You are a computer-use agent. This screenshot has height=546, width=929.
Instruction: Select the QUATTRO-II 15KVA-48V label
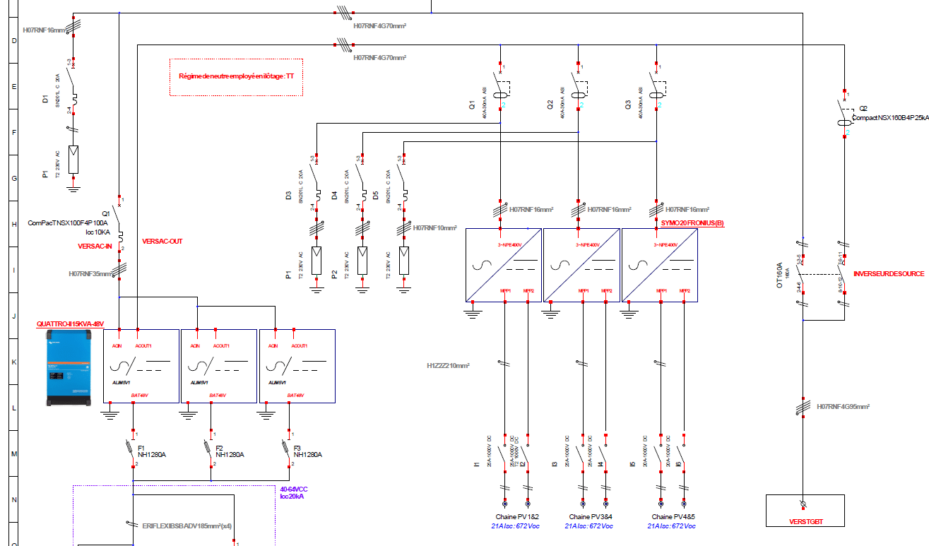tap(70, 324)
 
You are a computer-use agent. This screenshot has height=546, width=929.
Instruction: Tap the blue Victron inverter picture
tap(70, 371)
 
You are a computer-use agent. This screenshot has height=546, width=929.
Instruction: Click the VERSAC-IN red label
tap(95, 247)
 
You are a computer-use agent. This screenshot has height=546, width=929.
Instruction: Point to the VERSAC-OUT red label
tap(162, 242)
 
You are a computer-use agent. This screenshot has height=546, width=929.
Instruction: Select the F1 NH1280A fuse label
tap(152, 451)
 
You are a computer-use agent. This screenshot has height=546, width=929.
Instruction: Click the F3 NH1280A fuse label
tap(307, 451)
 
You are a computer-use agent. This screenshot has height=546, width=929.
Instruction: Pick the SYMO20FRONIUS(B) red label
tap(692, 223)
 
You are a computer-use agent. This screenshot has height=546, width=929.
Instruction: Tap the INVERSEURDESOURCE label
tap(889, 273)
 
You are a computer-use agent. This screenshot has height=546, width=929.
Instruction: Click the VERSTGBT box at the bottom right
tap(805, 511)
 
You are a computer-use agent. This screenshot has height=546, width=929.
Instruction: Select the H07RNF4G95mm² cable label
tap(843, 407)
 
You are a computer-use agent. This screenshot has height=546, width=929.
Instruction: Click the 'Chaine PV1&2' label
tap(515, 517)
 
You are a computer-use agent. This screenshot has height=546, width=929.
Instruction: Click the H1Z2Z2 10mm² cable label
tap(448, 366)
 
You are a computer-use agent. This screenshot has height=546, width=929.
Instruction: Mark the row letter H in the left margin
tap(13, 224)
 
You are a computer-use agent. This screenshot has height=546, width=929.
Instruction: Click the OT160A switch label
tap(780, 276)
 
